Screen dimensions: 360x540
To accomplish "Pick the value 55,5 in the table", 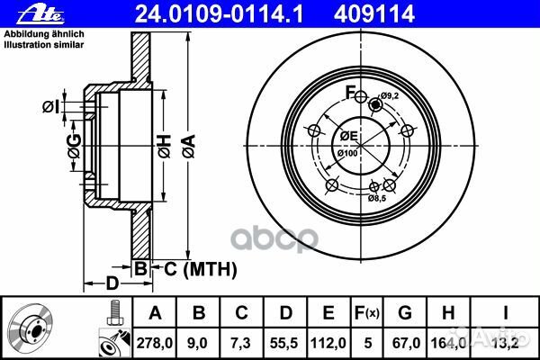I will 285,342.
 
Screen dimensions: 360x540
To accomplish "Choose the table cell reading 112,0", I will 328,342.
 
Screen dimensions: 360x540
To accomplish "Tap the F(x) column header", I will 372,315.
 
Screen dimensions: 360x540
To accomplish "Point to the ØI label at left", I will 50,107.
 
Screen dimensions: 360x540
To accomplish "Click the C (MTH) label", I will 197,267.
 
